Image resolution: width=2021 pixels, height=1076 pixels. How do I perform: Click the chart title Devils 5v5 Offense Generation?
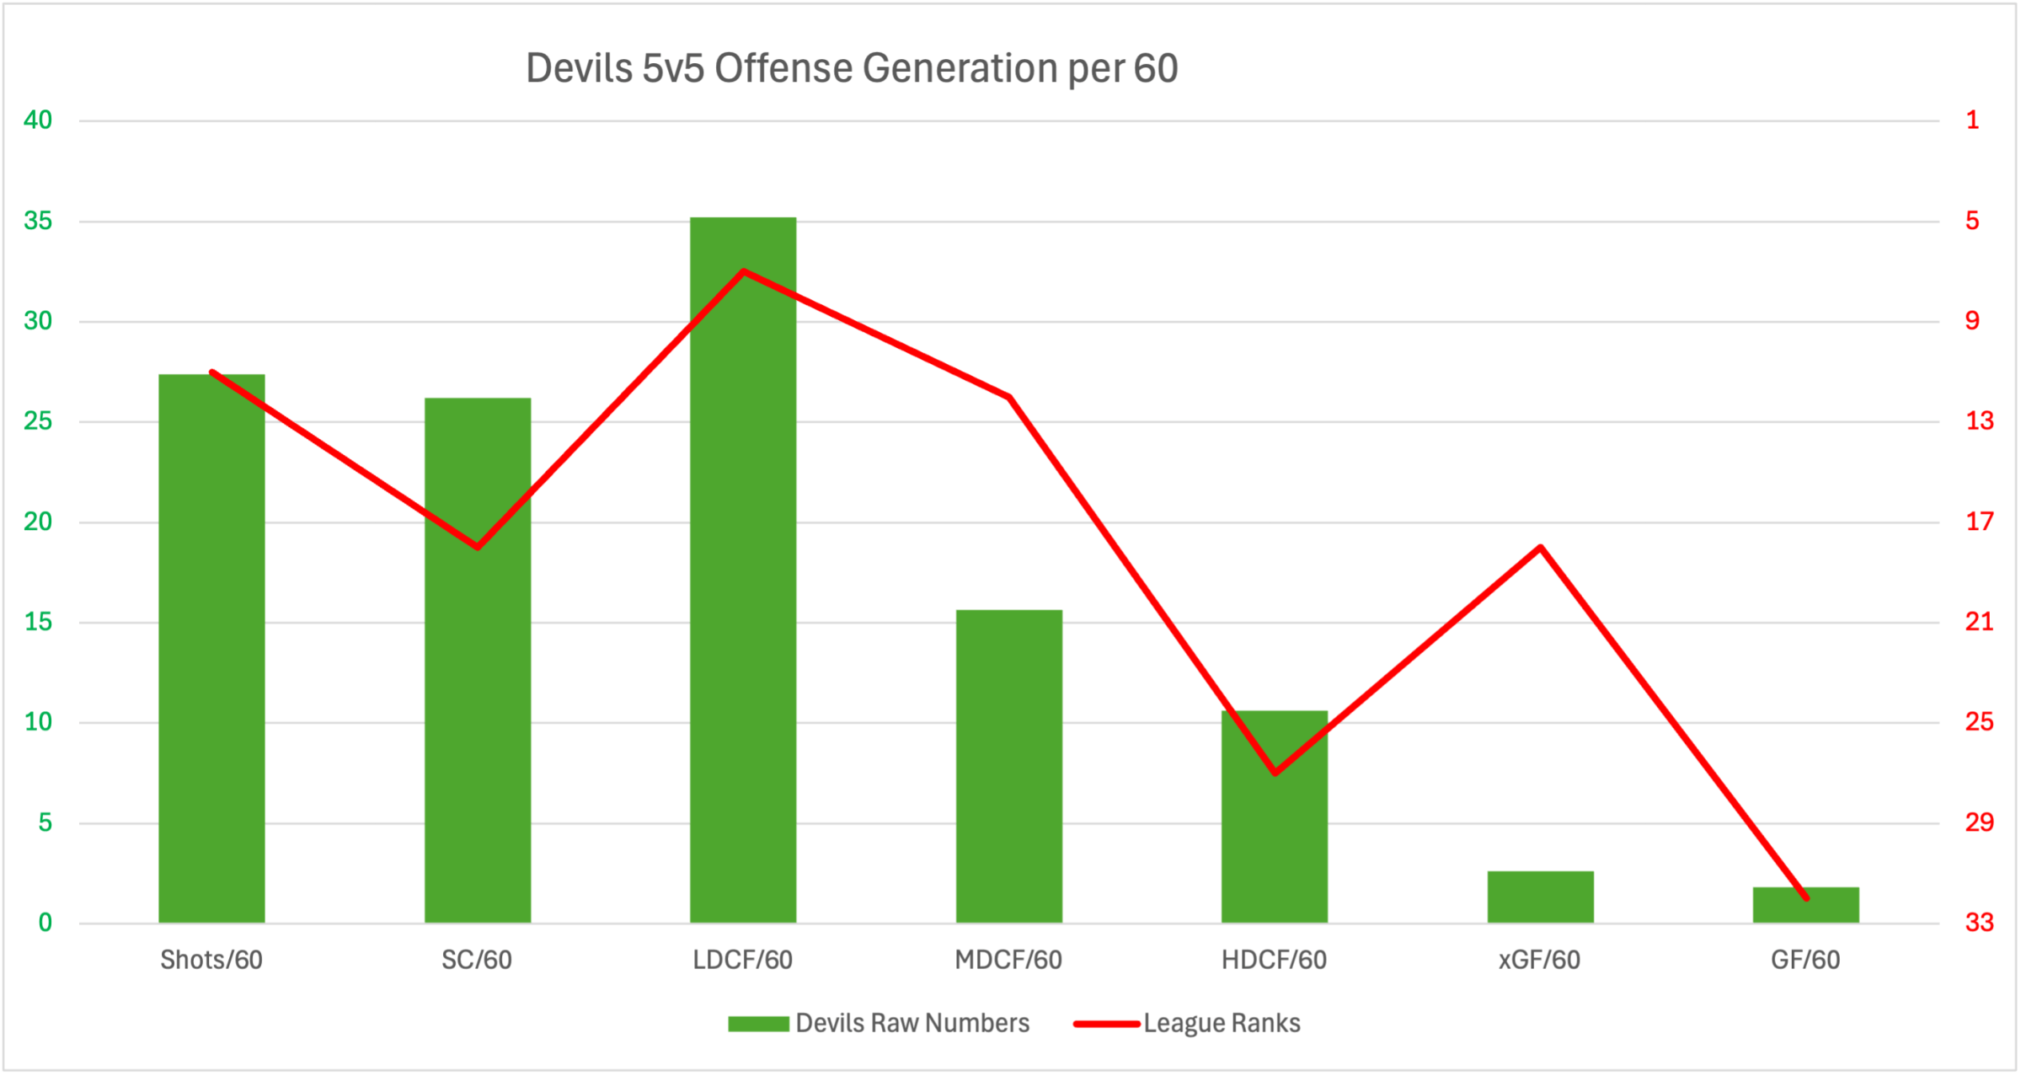(x=851, y=68)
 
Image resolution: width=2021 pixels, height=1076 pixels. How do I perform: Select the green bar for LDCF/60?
(x=743, y=590)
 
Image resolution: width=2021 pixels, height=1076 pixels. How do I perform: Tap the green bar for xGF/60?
(x=1540, y=897)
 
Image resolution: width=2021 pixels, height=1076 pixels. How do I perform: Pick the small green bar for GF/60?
(x=1805, y=907)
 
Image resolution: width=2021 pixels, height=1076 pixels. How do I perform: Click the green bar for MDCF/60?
(x=1008, y=767)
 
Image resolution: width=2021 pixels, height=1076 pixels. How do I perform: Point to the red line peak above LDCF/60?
(x=743, y=271)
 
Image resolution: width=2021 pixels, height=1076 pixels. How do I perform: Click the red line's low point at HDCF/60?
(x=1275, y=772)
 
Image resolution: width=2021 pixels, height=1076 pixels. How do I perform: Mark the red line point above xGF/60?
(x=1540, y=548)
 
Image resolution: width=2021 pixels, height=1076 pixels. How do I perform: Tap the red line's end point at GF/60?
(x=1806, y=898)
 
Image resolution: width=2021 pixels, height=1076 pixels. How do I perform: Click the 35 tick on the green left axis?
(x=38, y=221)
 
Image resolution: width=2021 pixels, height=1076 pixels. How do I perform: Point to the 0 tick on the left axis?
(x=45, y=923)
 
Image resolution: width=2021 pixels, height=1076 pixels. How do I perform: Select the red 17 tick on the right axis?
(x=1979, y=522)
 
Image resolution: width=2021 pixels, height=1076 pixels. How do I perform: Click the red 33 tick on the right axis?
(x=1979, y=923)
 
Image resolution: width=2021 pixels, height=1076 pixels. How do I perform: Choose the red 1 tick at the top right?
(x=1972, y=120)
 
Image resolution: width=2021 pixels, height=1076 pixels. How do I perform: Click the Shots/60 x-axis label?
(x=211, y=960)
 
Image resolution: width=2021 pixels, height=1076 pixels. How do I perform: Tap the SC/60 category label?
(x=477, y=960)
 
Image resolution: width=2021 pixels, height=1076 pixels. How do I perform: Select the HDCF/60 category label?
(x=1274, y=960)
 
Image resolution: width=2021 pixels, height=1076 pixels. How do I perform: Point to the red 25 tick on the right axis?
(x=1979, y=722)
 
